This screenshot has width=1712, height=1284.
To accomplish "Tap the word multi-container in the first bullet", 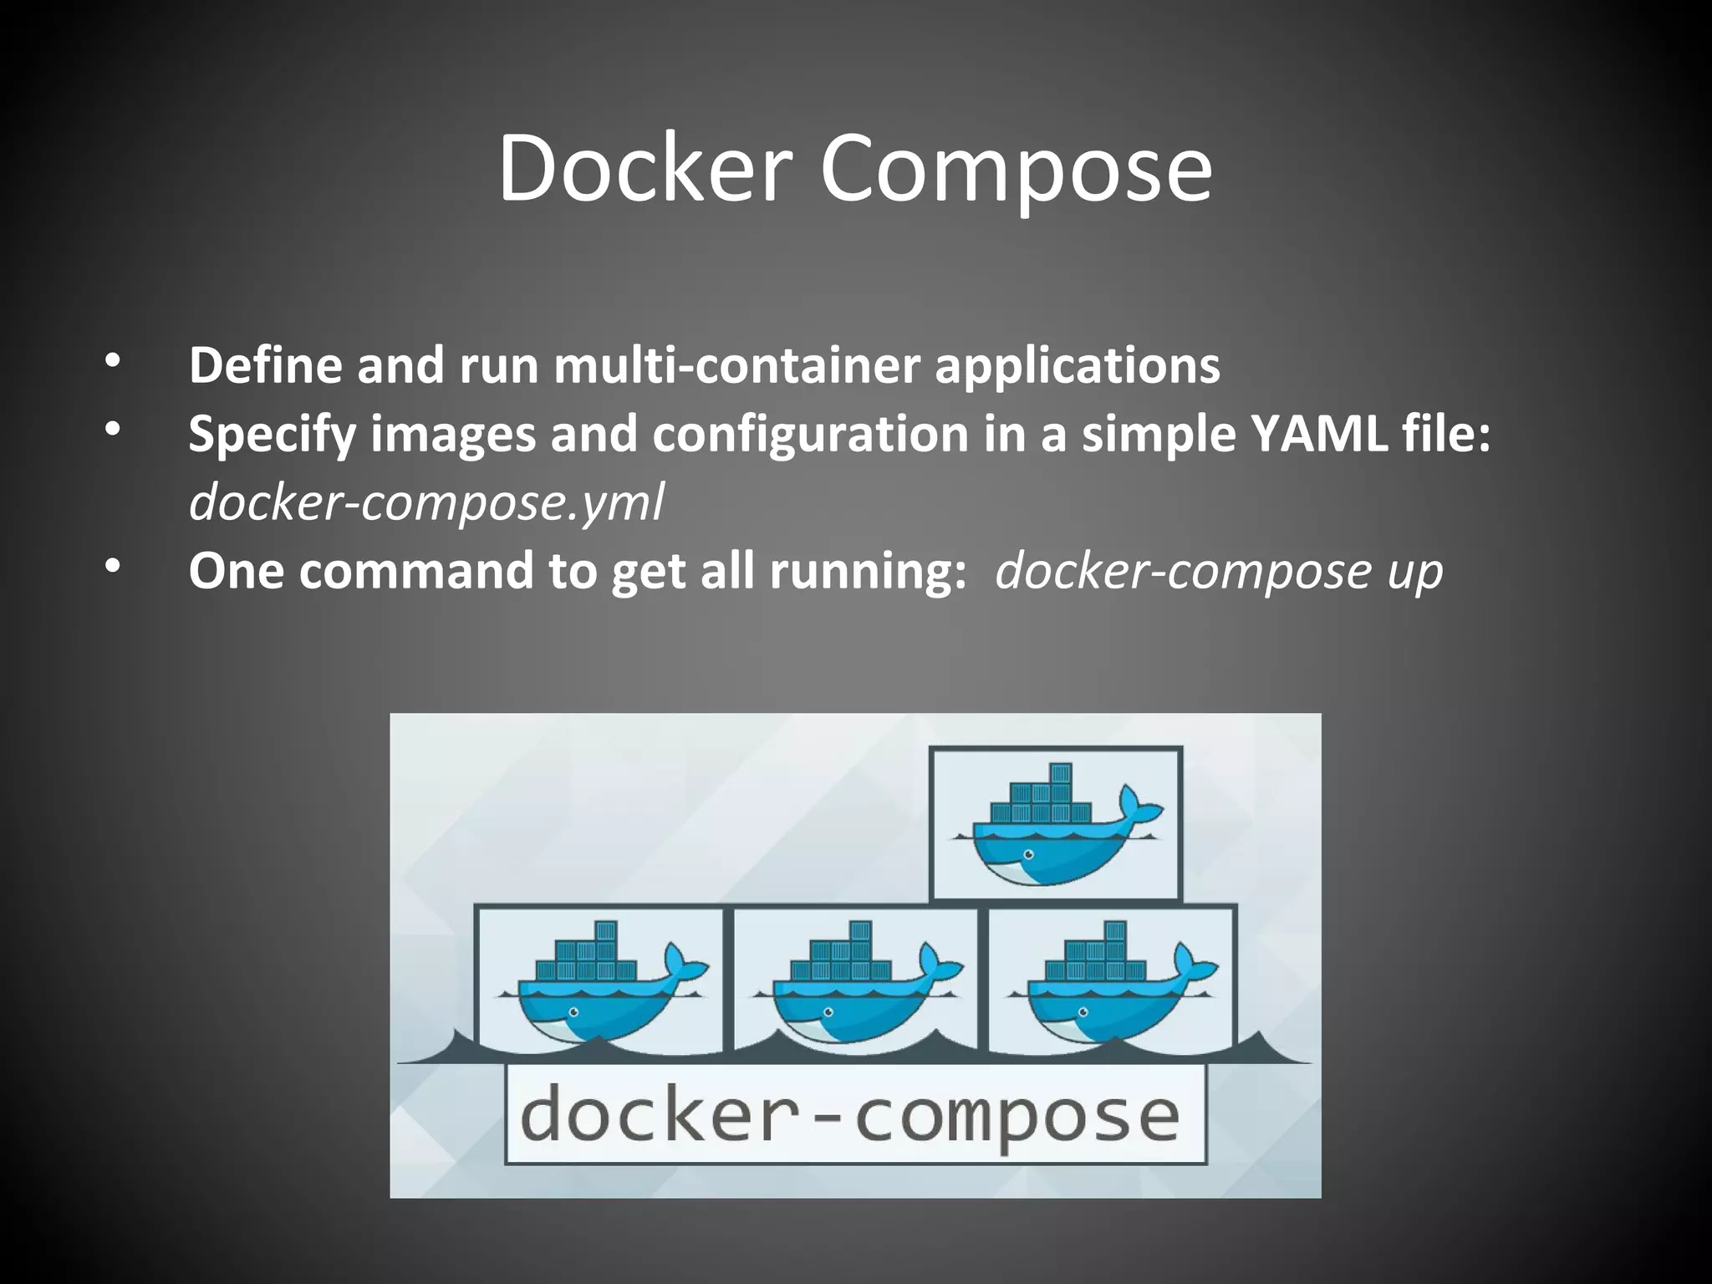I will tap(736, 365).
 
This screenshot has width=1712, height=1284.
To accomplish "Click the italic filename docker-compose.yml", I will tap(426, 503).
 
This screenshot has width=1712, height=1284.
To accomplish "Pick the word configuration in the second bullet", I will tap(809, 436).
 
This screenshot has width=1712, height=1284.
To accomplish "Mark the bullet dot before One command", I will tap(113, 568).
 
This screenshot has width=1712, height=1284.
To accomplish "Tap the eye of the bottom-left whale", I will tap(573, 1011).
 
